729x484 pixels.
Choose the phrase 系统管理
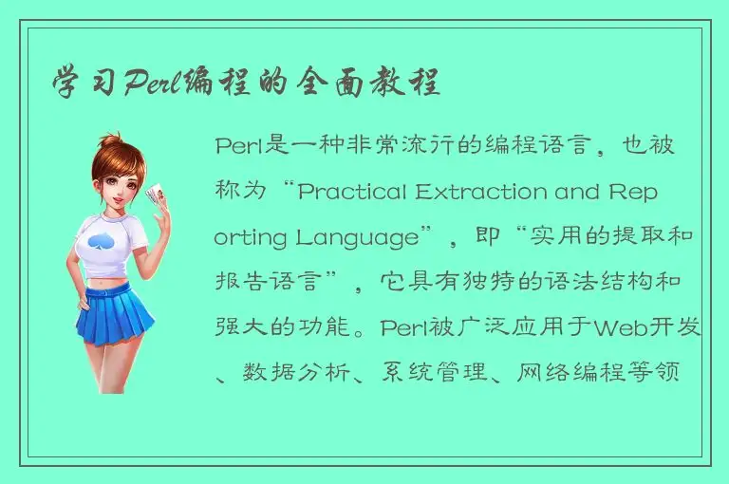point(446,375)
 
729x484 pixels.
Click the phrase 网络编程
point(585,375)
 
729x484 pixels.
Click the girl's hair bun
point(112,142)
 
